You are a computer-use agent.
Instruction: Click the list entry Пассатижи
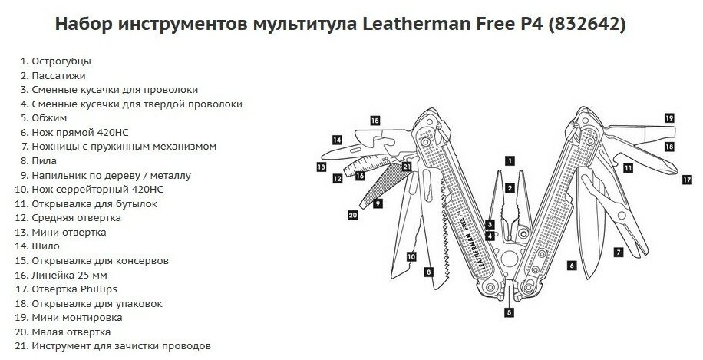pos(58,75)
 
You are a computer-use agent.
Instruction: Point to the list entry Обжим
pos(49,118)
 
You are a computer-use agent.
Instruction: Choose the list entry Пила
pos(45,161)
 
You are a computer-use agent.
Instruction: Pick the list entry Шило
pos(48,246)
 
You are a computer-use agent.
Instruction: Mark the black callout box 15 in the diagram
pos(375,121)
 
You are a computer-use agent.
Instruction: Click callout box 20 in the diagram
pos(352,216)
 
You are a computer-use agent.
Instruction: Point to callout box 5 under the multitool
pos(508,313)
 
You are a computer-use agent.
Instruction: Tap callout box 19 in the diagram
pos(669,118)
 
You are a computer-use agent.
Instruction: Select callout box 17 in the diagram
pos(687,180)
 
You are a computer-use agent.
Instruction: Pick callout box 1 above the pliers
pos(508,161)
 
